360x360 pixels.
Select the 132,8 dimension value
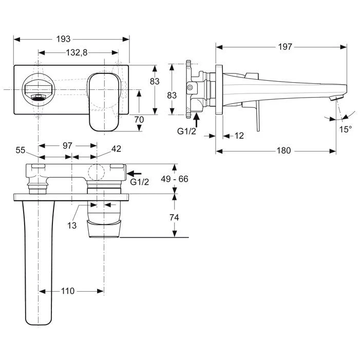[77, 53]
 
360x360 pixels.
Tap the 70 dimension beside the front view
[139, 119]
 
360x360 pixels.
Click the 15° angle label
[346, 129]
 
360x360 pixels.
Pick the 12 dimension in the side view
[239, 136]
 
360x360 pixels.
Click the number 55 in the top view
[21, 150]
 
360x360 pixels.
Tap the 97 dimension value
[67, 146]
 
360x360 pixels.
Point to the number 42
[116, 150]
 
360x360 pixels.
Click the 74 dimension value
[175, 217]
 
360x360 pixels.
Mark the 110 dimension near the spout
[67, 291]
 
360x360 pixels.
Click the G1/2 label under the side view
[186, 131]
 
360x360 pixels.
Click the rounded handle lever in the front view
[105, 101]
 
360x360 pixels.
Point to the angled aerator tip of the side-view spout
[336, 98]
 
